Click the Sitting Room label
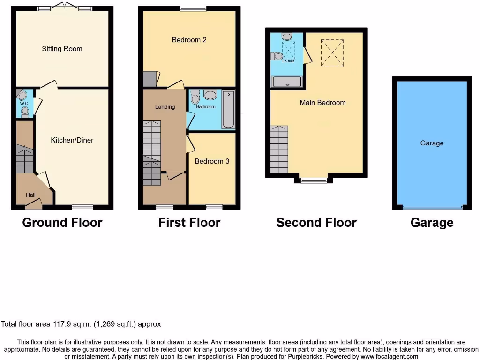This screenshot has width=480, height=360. tap(62, 49)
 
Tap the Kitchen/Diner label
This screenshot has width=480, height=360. tap(72, 140)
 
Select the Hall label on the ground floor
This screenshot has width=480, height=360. tap(30, 195)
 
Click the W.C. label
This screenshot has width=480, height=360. tap(24, 103)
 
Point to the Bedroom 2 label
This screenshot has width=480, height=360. tap(189, 40)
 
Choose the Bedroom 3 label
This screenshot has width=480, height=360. tap(212, 161)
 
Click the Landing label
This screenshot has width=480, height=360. tap(165, 107)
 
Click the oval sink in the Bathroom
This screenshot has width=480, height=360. tap(210, 95)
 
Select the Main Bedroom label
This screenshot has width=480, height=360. tap(322, 103)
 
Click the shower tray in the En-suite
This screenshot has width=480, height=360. tap(287, 82)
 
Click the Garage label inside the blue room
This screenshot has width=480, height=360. tap(432, 143)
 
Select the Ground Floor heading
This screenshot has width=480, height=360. tap(62, 223)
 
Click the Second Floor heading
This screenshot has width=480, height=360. tap(316, 223)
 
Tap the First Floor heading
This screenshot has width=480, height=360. tap(189, 223)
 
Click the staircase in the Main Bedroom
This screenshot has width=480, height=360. tap(279, 149)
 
